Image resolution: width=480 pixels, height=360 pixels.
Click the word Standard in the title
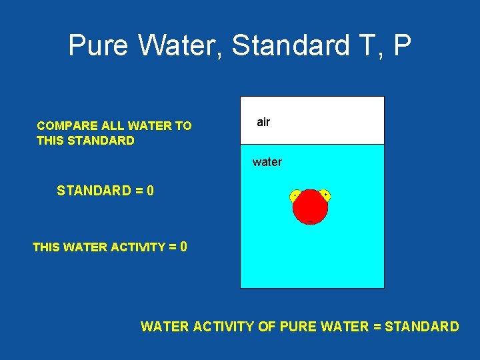click(291, 46)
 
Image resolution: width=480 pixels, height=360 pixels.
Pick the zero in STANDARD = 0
click(151, 191)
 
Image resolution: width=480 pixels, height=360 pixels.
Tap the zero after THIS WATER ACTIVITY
click(183, 247)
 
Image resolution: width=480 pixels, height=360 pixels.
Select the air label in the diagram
click(263, 122)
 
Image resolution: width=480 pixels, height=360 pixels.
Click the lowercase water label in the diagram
click(267, 162)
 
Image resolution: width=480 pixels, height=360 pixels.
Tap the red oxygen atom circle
click(310, 207)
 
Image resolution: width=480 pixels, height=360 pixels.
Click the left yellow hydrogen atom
click(295, 195)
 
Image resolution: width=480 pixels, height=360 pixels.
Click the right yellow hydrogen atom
click(325, 195)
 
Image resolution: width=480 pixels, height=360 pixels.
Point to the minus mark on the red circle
click(310, 221)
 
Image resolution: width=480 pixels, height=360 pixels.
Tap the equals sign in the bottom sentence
click(377, 327)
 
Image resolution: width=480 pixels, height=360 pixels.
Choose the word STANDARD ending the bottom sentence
click(422, 327)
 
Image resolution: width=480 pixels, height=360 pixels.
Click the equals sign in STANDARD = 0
click(139, 191)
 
